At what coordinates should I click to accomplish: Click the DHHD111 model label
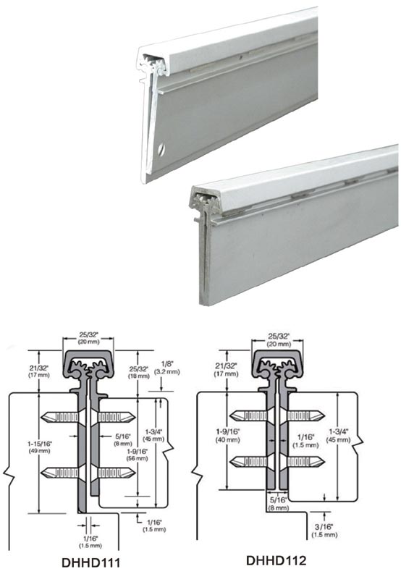pyautogui.click(x=91, y=562)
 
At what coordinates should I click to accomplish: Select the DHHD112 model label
pyautogui.click(x=276, y=560)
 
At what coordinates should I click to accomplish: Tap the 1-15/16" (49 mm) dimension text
pyautogui.click(x=40, y=447)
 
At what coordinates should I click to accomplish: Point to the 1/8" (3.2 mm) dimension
pyautogui.click(x=167, y=367)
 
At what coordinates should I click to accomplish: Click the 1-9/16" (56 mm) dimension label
pyautogui.click(x=137, y=455)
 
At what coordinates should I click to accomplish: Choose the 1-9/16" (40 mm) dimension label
pyautogui.click(x=228, y=436)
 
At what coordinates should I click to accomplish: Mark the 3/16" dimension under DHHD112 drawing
pyautogui.click(x=324, y=531)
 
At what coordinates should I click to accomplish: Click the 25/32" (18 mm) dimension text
pyautogui.click(x=139, y=372)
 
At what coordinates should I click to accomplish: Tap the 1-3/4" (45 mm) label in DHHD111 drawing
pyautogui.click(x=154, y=435)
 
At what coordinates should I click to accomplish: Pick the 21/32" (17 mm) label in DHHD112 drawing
pyautogui.click(x=226, y=369)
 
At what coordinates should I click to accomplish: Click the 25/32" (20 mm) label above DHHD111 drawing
pyautogui.click(x=88, y=338)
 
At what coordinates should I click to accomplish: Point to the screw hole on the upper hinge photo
pyautogui.click(x=161, y=150)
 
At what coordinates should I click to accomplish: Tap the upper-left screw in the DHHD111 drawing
pyautogui.click(x=61, y=417)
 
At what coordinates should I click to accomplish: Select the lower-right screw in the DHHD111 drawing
pyautogui.click(x=115, y=473)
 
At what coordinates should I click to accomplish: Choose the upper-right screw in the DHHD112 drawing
pyautogui.click(x=305, y=415)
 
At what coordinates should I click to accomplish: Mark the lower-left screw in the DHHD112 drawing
pyautogui.click(x=249, y=462)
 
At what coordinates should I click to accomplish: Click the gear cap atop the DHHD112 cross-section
pyautogui.click(x=277, y=365)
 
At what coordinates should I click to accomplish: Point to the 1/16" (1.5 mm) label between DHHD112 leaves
pyautogui.click(x=305, y=441)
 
